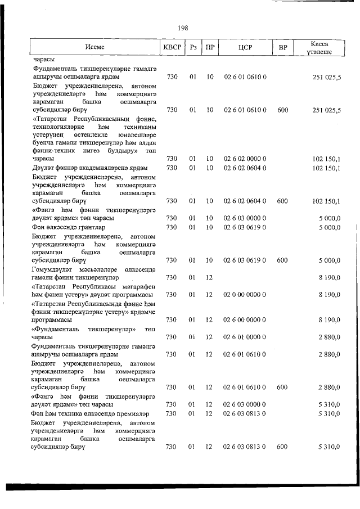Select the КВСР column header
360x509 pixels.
[x=172, y=48]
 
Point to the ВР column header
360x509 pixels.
[x=282, y=48]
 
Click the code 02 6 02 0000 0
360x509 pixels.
[x=245, y=159]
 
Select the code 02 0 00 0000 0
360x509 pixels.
[x=245, y=294]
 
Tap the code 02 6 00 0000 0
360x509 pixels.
[x=245, y=319]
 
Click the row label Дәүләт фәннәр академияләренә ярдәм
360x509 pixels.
[x=89, y=168]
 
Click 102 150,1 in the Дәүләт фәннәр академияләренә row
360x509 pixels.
[x=326, y=168]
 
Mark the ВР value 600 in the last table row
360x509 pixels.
[x=282, y=447]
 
